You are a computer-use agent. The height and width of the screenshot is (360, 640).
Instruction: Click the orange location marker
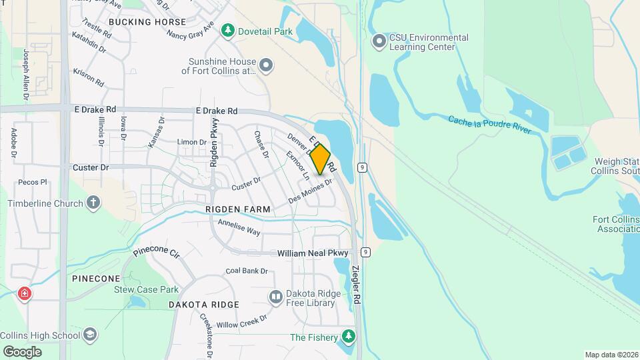[321, 159]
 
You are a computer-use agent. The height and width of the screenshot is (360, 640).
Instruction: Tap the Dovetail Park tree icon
[229, 30]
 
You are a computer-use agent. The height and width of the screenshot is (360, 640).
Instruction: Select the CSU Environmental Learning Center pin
[379, 42]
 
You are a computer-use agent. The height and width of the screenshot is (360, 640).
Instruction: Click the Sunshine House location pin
[266, 65]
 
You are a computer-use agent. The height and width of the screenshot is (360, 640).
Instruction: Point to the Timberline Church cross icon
[94, 203]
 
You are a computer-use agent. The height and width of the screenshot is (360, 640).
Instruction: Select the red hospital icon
[25, 293]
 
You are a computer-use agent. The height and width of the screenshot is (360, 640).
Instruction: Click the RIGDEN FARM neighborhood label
[238, 209]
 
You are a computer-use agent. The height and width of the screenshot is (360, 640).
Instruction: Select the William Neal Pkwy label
[313, 253]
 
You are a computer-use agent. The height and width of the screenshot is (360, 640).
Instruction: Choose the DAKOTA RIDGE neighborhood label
[203, 305]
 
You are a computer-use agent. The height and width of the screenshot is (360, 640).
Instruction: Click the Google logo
[21, 351]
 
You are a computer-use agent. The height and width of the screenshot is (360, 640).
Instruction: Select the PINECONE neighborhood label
[96, 278]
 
